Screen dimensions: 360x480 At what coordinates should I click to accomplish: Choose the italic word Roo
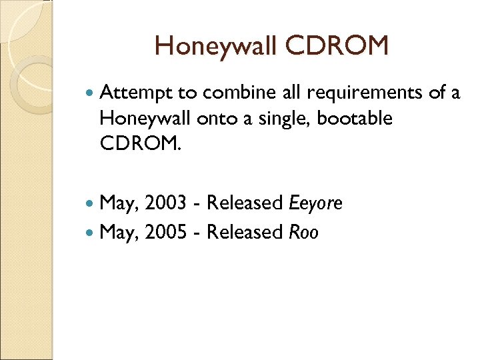[x=303, y=232]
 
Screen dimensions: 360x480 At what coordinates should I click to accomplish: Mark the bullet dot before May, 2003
[x=91, y=203]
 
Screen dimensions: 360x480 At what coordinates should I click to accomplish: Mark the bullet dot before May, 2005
[x=91, y=232]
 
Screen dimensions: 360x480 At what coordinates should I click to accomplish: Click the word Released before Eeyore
[x=245, y=203]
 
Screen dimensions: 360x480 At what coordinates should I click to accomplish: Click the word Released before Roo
[x=245, y=232]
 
